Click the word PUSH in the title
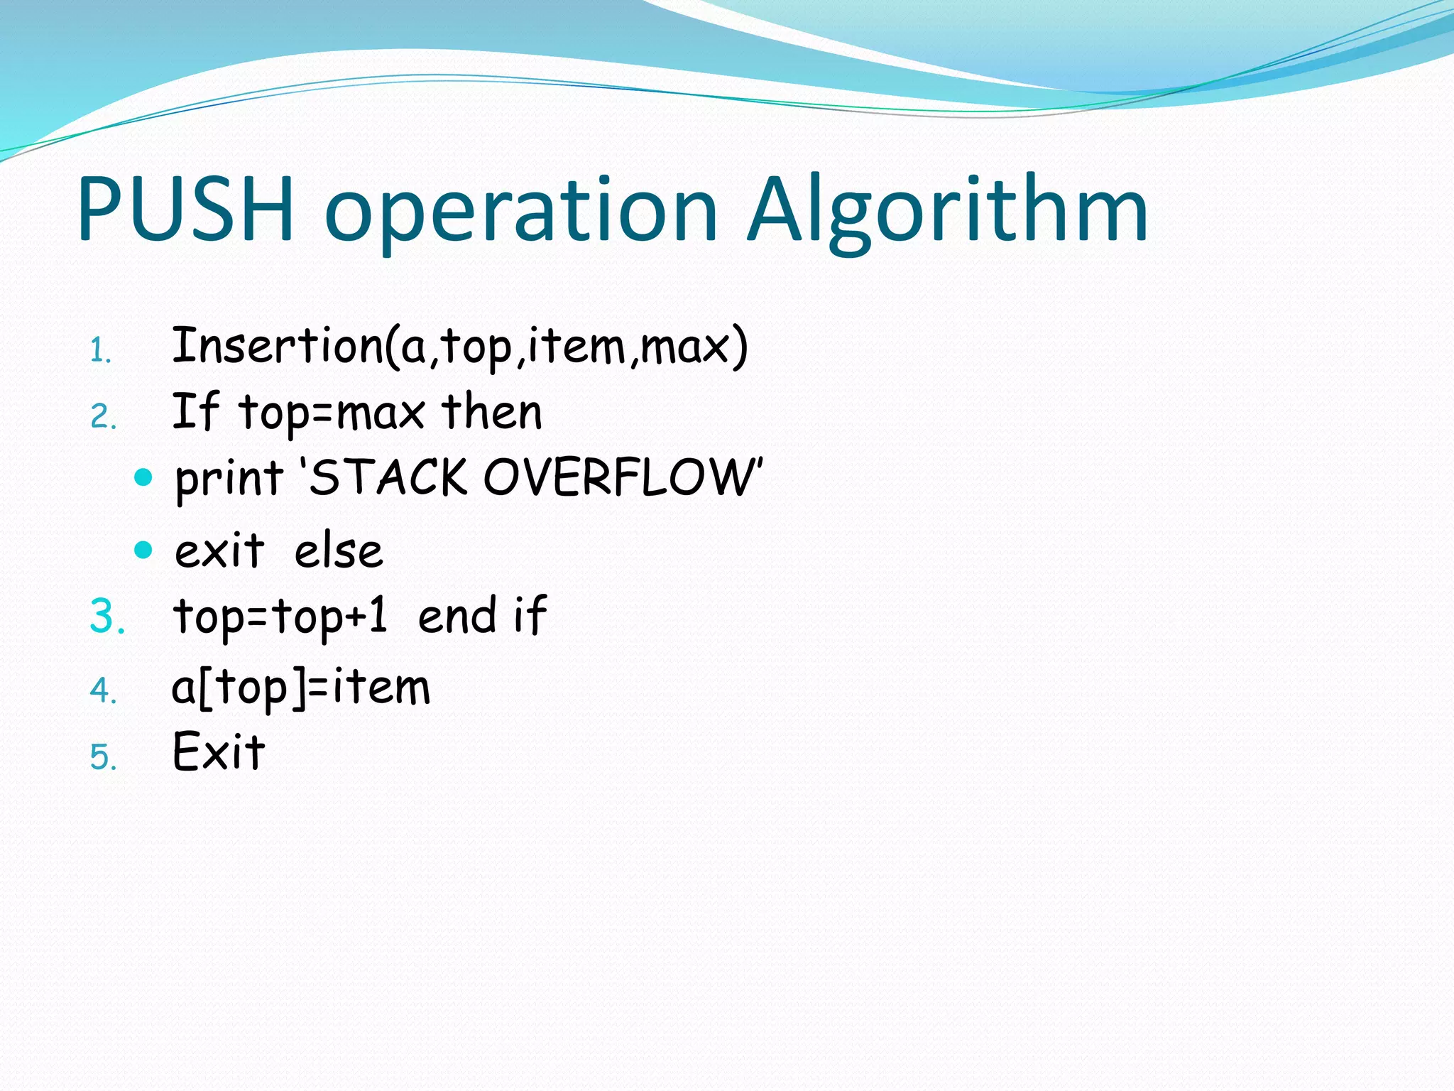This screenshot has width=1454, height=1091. (x=186, y=210)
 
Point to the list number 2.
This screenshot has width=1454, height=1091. (x=103, y=417)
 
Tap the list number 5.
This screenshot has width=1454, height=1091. (x=103, y=757)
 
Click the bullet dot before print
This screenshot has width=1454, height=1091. (x=143, y=477)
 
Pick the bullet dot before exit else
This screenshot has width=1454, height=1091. (x=143, y=550)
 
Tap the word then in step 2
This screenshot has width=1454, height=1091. (x=491, y=412)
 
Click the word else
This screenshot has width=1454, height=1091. (x=339, y=551)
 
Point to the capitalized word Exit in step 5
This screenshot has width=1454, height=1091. (x=219, y=751)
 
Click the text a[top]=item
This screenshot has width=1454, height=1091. (x=301, y=688)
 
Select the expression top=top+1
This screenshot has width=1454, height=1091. (x=280, y=616)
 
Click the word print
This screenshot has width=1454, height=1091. (x=229, y=478)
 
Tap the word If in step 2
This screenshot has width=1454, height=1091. (x=195, y=411)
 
